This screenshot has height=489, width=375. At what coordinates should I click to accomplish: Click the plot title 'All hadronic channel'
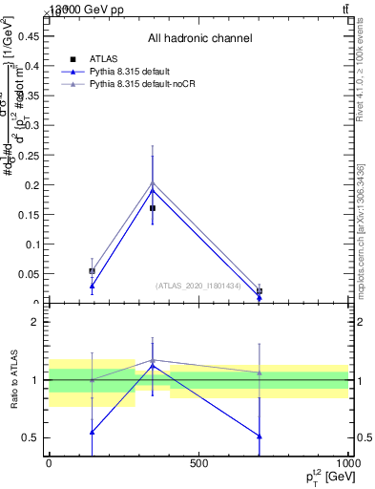[x=199, y=38]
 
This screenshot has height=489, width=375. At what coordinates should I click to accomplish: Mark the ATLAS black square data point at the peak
[x=153, y=207]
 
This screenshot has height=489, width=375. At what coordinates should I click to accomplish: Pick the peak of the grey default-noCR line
[x=153, y=182]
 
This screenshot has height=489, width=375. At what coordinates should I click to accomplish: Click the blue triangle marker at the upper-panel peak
[x=153, y=190]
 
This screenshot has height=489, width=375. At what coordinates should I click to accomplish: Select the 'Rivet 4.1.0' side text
[x=360, y=72]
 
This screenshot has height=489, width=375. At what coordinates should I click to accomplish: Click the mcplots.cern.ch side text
[x=360, y=229]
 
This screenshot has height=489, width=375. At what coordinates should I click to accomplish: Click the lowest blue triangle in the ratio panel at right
[x=260, y=436]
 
